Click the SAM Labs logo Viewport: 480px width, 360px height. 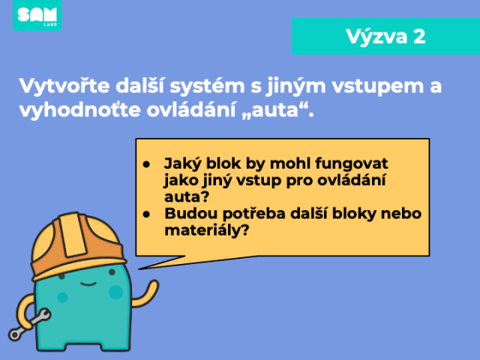pos(37,15)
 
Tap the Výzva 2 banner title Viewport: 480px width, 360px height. pos(385,37)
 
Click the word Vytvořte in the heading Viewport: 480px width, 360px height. pos(64,85)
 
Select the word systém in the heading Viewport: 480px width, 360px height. pos(207,86)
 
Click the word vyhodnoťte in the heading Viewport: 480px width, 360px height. pos(79,110)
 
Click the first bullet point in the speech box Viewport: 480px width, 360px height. pos(146,164)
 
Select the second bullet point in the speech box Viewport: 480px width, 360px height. pos(146,214)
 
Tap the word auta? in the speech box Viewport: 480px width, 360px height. pos(187,196)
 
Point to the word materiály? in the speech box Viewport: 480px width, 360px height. pos(207,230)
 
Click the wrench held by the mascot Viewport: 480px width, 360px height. pos(29,325)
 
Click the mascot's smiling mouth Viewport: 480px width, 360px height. pos(88,283)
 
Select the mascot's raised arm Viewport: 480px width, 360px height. pos(145,294)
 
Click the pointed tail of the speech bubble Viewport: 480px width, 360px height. pos(139,269)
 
